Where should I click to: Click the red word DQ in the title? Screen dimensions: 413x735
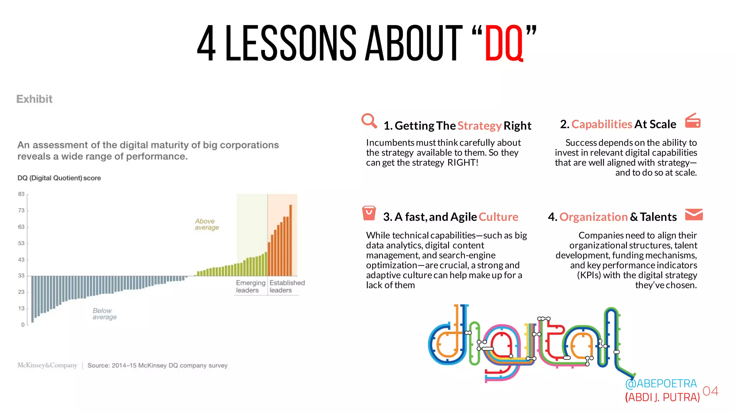pos(504,43)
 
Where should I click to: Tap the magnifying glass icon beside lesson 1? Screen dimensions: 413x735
pos(369,121)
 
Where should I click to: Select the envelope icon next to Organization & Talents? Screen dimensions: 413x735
pos(693,214)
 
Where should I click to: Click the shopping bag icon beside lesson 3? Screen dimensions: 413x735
pos(369,213)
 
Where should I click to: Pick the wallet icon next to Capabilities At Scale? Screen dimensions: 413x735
pos(693,121)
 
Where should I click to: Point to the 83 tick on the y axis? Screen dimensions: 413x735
pos(22,194)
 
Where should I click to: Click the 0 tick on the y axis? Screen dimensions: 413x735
pos(23,324)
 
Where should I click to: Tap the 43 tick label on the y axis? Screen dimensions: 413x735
pos(22,259)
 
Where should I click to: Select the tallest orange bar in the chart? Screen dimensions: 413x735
pos(290,240)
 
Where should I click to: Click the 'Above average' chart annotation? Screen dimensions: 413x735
pos(207,224)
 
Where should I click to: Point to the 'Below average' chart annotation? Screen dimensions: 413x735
pos(104,314)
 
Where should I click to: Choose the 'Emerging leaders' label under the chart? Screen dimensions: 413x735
pos(250,286)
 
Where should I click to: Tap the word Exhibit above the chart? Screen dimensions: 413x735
pos(34,99)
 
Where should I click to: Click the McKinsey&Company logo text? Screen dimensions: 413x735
pos(47,365)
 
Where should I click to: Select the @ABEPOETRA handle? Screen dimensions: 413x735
pos(661,384)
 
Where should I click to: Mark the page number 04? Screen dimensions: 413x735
pos(710,391)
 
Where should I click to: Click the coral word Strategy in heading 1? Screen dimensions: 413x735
pos(479,126)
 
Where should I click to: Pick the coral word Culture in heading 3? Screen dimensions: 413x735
pos(498,217)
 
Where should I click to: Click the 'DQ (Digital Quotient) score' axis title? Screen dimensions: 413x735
pos(59,178)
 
